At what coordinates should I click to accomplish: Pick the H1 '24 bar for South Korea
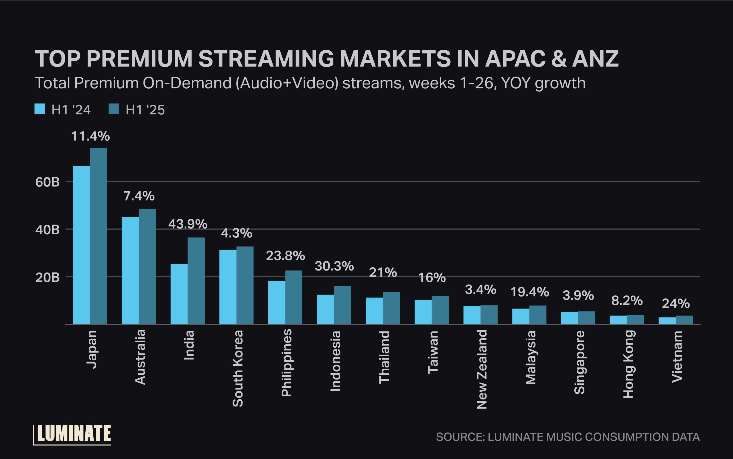pos(228,287)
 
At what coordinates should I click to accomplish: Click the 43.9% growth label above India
pos(188,224)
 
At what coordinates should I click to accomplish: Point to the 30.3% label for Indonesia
pos(334,266)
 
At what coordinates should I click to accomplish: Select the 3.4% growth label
pos(480,290)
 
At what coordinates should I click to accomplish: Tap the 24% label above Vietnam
pos(675,303)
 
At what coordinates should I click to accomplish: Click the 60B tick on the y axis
pos(48,182)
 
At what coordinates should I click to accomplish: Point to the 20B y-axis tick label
pos(48,277)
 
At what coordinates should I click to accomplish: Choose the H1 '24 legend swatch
pos(40,109)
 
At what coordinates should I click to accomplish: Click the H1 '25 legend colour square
pos(114,109)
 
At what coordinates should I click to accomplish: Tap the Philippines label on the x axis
pos(287,363)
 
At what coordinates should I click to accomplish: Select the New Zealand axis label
pos(482,369)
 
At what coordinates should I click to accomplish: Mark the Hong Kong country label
pos(628,364)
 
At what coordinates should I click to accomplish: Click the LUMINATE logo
pos(72,434)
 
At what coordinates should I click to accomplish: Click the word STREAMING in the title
pos(266,59)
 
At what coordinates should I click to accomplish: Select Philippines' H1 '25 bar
pos(293,297)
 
